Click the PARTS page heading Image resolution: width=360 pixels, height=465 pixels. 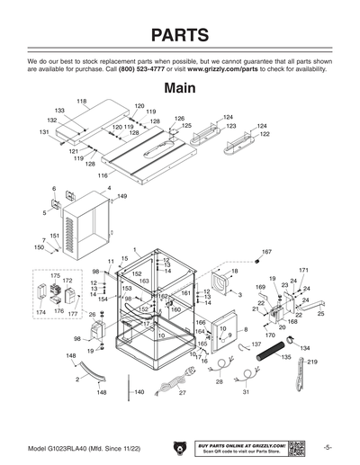pos(180,35)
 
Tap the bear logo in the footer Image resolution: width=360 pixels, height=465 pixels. pos(180,446)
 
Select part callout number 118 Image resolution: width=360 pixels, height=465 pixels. pos(80,100)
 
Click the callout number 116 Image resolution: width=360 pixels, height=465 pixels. pos(102,175)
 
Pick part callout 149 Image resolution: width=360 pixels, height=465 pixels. pos(121,195)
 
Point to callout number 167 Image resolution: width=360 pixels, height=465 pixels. pos(266,252)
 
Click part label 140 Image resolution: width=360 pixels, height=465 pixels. pos(139,393)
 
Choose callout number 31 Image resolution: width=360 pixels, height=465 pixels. pos(246,393)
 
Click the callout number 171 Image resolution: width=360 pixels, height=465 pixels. pos(303,270)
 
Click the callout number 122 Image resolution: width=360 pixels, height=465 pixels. pos(265,134)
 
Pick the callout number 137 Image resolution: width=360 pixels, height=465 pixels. pos(256,344)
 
